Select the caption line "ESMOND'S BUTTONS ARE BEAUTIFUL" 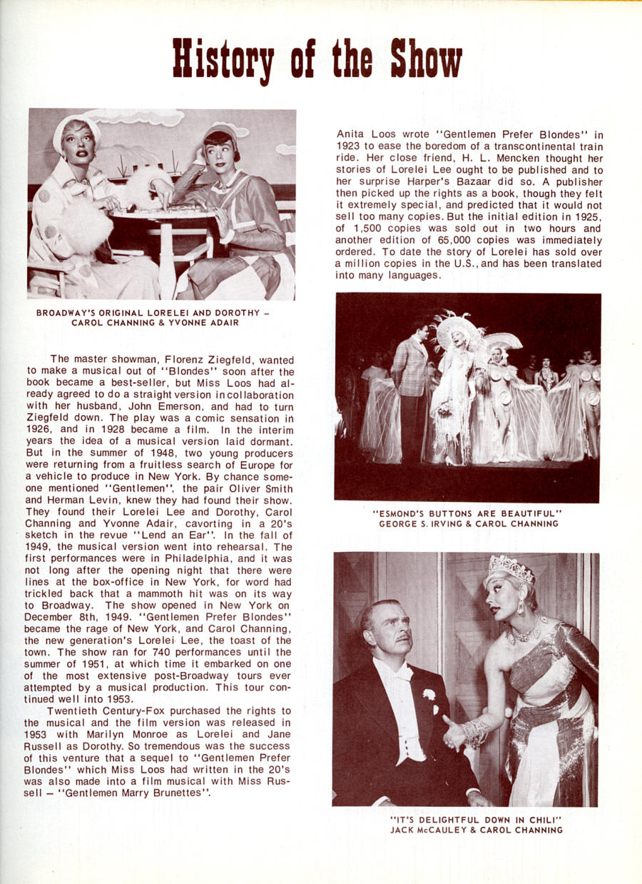pyautogui.click(x=467, y=513)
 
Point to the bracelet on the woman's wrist pyautogui.click(x=474, y=732)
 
